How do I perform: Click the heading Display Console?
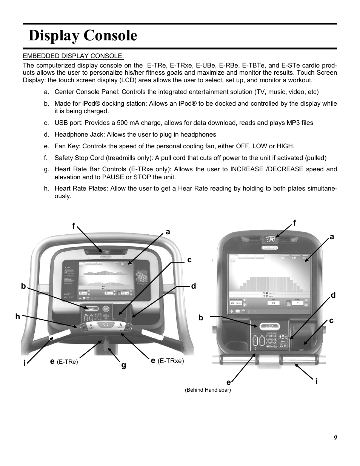83,35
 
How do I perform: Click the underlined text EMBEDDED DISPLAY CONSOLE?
73,56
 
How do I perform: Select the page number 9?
335,438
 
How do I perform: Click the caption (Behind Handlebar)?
208,390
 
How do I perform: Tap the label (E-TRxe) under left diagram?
171,361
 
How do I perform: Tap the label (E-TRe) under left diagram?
67,362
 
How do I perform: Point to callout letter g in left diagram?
123,365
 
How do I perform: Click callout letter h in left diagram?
17,317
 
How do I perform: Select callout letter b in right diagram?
201,318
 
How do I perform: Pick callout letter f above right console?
295,223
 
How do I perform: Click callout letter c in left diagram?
189,260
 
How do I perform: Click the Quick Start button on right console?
269,326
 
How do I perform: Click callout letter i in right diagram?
317,381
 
